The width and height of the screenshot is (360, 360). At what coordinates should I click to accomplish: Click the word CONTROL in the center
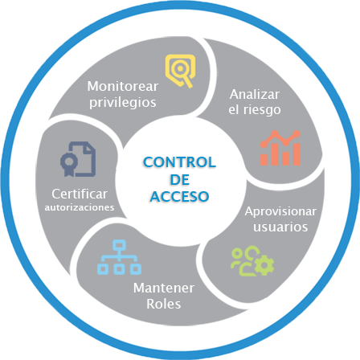pyautogui.click(x=180, y=162)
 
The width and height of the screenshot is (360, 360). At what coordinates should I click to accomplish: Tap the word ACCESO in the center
pyautogui.click(x=179, y=196)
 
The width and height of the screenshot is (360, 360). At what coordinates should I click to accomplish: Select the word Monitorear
pyautogui.click(x=123, y=86)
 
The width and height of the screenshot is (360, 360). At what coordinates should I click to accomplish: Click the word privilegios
pyautogui.click(x=123, y=103)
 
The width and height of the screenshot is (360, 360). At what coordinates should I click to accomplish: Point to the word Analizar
pyautogui.click(x=255, y=94)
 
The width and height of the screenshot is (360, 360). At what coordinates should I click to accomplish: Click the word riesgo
pyautogui.click(x=262, y=110)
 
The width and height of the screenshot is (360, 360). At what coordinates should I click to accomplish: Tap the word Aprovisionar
pyautogui.click(x=280, y=211)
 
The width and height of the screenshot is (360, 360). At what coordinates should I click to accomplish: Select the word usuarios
pyautogui.click(x=280, y=227)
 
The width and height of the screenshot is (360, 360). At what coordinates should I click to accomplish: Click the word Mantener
pyautogui.click(x=164, y=288)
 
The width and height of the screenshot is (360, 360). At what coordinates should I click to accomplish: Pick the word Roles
pyautogui.click(x=164, y=304)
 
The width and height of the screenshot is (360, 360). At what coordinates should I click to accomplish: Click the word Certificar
pyautogui.click(x=80, y=194)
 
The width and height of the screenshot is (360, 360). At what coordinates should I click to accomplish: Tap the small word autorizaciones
pyautogui.click(x=80, y=207)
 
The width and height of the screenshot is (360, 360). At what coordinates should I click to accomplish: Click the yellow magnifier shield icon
pyautogui.click(x=180, y=71)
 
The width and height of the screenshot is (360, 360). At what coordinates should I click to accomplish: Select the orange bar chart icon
pyautogui.click(x=280, y=148)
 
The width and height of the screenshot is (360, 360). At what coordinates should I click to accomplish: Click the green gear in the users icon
pyautogui.click(x=264, y=265)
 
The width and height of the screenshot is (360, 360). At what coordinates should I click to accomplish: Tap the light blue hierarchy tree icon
pyautogui.click(x=119, y=257)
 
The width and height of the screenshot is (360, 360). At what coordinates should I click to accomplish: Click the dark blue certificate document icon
pyautogui.click(x=78, y=159)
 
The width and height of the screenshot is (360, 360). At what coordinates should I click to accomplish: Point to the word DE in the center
pyautogui.click(x=179, y=179)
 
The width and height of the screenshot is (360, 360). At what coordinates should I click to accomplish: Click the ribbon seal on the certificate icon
pyautogui.click(x=69, y=164)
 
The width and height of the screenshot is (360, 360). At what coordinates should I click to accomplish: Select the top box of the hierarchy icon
pyautogui.click(x=119, y=244)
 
